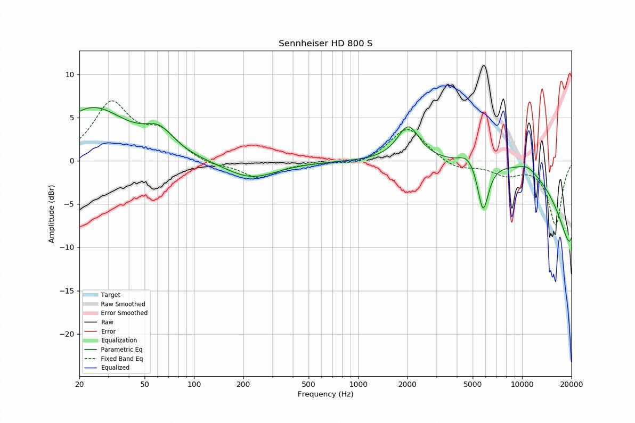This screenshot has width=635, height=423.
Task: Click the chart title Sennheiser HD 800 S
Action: point(325,43)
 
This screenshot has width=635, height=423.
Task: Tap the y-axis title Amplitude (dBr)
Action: point(52,214)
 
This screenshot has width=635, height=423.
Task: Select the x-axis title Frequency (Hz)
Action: point(325,394)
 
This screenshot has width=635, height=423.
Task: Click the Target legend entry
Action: point(110,295)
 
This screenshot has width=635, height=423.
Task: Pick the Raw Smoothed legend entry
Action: point(123,304)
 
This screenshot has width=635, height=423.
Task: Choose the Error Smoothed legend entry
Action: point(124,313)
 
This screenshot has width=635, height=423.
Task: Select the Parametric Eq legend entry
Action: point(121,350)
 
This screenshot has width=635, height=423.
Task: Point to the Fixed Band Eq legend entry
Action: point(121,359)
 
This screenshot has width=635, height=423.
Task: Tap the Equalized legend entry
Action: point(115,368)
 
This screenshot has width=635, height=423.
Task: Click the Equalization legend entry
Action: point(118,341)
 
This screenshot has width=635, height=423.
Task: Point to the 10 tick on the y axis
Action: point(70,74)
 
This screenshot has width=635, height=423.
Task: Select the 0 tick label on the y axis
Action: point(72,161)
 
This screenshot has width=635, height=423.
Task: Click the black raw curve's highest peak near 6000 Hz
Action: point(483,65)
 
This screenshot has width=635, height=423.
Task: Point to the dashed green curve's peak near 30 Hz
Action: point(112,101)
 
